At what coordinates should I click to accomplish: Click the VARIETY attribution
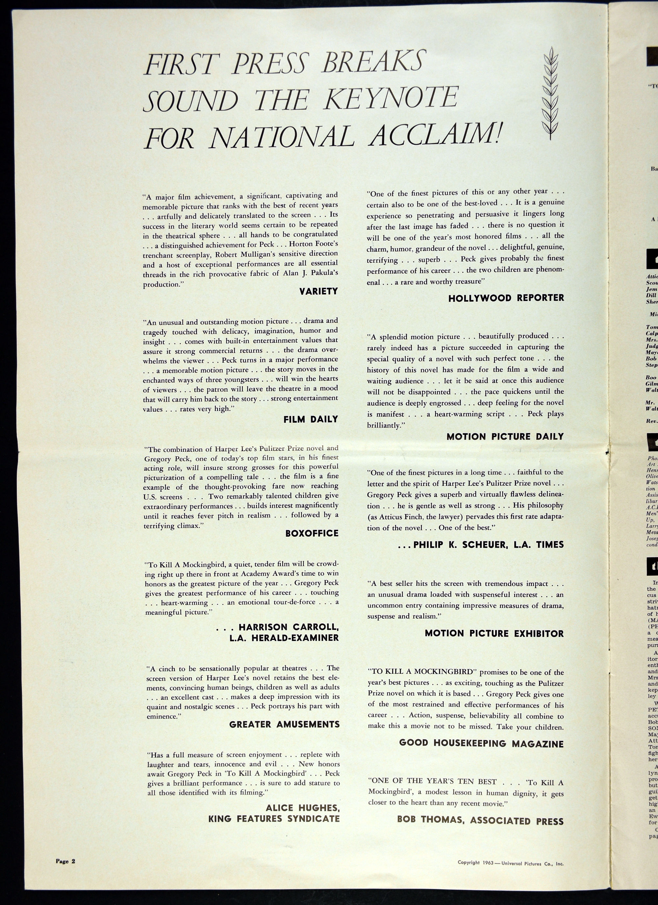(318, 291)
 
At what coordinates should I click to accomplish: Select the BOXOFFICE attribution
(312, 533)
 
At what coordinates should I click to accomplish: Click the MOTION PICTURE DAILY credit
(505, 436)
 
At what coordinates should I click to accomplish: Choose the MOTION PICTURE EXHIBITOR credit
(494, 633)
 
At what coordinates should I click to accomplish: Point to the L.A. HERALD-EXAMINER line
(284, 638)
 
